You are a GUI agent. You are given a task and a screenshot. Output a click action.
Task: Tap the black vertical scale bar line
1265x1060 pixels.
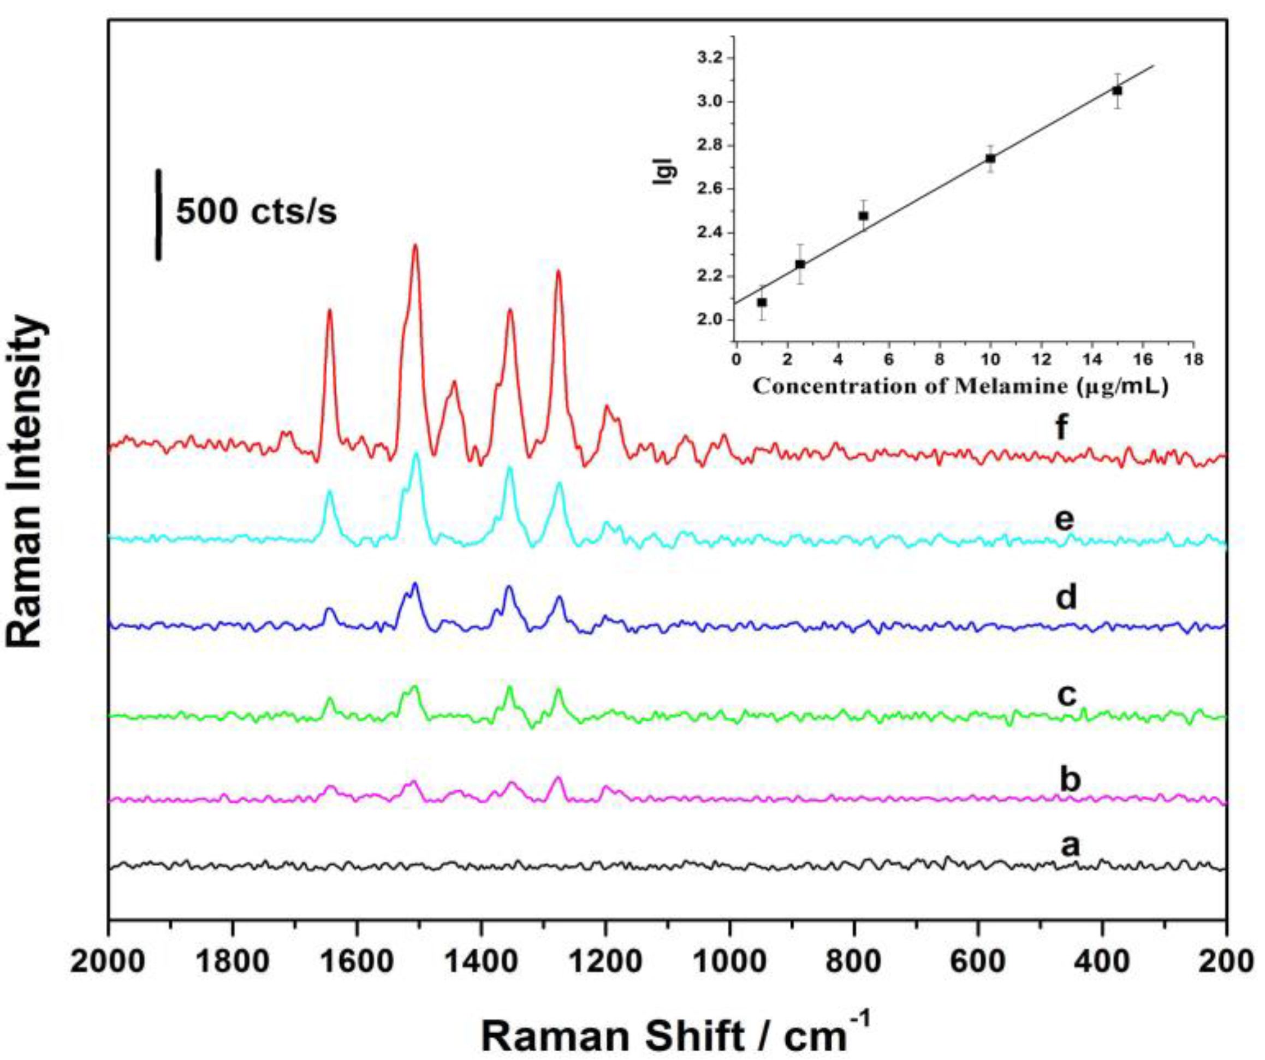point(158,215)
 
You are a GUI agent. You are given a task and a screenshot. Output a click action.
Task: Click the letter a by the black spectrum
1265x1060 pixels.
point(1070,845)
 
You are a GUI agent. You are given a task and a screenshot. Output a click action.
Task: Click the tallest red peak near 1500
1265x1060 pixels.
point(415,247)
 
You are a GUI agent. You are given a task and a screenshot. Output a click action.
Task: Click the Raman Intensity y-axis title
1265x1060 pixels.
point(27,482)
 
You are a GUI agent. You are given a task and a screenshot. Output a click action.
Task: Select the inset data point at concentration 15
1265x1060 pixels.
point(1118,91)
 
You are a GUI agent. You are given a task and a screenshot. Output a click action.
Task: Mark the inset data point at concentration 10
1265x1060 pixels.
point(990,158)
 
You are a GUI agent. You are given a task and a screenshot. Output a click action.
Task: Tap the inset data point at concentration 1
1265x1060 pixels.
point(762,302)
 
